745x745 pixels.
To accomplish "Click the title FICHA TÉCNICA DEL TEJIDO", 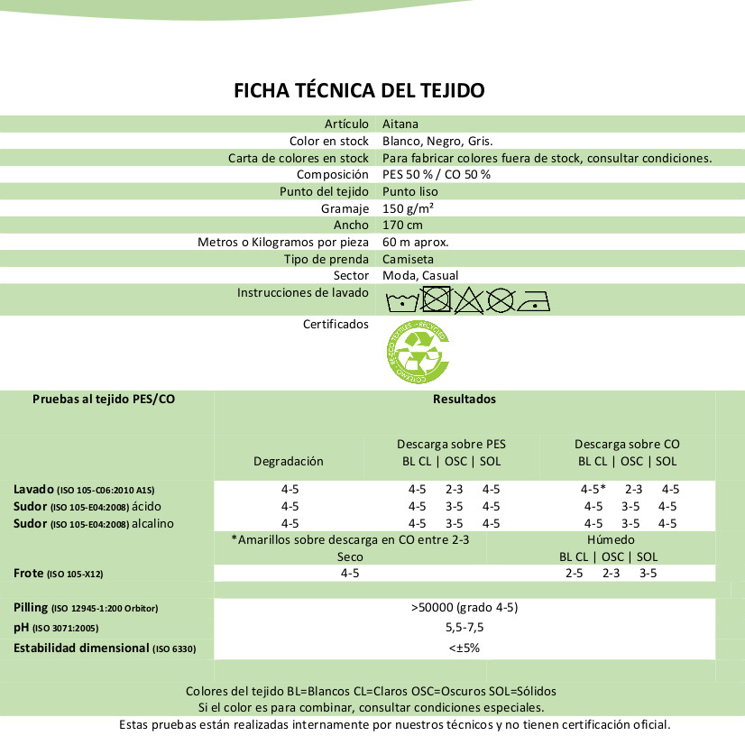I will pyautogui.click(x=360, y=90).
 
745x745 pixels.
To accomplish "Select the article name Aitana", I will pyautogui.click(x=400, y=124).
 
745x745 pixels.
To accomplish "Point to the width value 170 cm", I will pyautogui.click(x=402, y=225).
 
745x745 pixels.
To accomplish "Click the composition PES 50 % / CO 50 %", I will pyautogui.click(x=437, y=174).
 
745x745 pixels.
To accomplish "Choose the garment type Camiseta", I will pyautogui.click(x=408, y=259).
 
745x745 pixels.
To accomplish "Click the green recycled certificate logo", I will pyautogui.click(x=418, y=352).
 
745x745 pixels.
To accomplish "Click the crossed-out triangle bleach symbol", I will pyautogui.click(x=469, y=299).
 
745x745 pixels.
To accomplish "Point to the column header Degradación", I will pyautogui.click(x=289, y=461).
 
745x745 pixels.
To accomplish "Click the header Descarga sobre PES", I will pyautogui.click(x=452, y=445).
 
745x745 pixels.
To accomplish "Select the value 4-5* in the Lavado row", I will pyautogui.click(x=593, y=489).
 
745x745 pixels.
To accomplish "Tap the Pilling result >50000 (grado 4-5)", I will pyautogui.click(x=464, y=607).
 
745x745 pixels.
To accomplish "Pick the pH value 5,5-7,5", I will pyautogui.click(x=464, y=627).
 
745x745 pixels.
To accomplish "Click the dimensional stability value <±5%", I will pyautogui.click(x=464, y=648).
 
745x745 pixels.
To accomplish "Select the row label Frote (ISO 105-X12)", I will pyautogui.click(x=64, y=573).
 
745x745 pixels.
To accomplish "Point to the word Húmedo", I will pyautogui.click(x=611, y=539).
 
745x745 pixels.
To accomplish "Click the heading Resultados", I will pyautogui.click(x=464, y=399).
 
